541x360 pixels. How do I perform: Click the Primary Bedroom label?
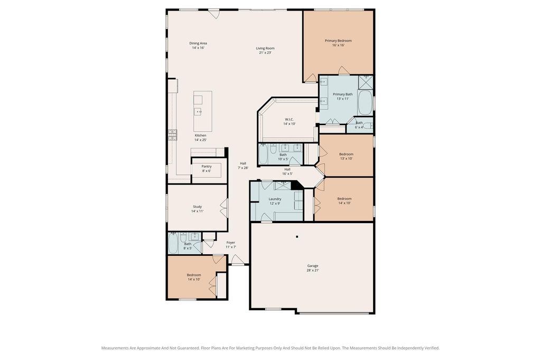pos(338,41)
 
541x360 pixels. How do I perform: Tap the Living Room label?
pos(265,48)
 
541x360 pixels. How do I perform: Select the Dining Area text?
pos(198,43)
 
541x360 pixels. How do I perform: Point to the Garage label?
pos(313,266)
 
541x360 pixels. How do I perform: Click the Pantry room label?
pos(207,167)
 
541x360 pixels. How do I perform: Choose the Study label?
pos(198,206)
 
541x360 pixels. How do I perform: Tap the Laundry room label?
pos(275,199)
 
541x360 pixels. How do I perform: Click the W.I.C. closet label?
pos(289,119)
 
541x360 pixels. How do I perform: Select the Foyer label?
pos(231,243)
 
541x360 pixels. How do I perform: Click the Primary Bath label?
pos(342,94)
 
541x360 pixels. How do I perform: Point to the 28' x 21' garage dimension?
pos(313,270)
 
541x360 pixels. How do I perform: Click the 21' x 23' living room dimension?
pos(265,53)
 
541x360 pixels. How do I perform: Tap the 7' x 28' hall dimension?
pos(243,168)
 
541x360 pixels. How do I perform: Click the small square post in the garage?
pos(297,237)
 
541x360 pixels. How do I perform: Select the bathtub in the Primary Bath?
pos(365,103)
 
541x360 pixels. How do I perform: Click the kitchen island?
pos(202,111)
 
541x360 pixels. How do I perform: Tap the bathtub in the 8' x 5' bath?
pos(173,244)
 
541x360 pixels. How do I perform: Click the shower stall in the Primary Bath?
pos(366,82)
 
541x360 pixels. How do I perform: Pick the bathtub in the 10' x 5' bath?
pos(263,154)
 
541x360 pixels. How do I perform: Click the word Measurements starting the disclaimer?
pos(115,348)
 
